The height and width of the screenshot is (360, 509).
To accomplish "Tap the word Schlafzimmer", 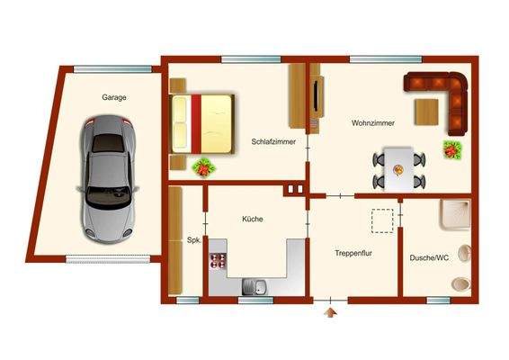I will click(272, 141).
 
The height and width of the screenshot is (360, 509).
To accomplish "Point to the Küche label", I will click(252, 219).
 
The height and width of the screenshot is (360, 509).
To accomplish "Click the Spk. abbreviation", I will click(193, 240).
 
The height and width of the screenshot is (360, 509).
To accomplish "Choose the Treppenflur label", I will click(354, 254).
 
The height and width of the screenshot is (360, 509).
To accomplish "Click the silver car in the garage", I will click(109, 178).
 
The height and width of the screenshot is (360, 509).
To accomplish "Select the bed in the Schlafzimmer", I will click(203, 121).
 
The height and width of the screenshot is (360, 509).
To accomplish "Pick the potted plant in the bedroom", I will click(205, 166).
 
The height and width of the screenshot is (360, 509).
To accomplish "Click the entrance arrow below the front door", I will click(331, 311).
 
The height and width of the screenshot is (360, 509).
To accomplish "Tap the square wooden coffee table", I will click(426, 111).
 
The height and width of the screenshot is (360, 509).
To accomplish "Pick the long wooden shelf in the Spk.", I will click(175, 239).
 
